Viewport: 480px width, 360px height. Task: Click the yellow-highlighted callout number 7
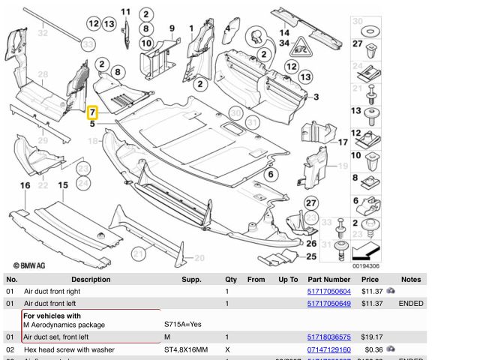pos(92,114)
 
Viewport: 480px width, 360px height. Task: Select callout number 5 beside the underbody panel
pos(92,124)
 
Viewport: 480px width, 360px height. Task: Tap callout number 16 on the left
pos(25,185)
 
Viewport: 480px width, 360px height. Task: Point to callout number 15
pos(63,185)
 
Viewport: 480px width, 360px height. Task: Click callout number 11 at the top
pos(125,11)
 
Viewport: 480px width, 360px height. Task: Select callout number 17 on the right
pos(343,142)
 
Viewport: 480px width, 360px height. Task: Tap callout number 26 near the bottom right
pos(311,242)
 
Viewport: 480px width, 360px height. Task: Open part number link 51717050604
pos(328,291)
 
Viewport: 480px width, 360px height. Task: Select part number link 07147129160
pos(328,350)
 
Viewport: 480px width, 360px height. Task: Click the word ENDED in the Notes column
pos(411,303)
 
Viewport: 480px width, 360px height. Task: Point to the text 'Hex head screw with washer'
pos(69,350)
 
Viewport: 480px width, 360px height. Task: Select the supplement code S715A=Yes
pos(182,325)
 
